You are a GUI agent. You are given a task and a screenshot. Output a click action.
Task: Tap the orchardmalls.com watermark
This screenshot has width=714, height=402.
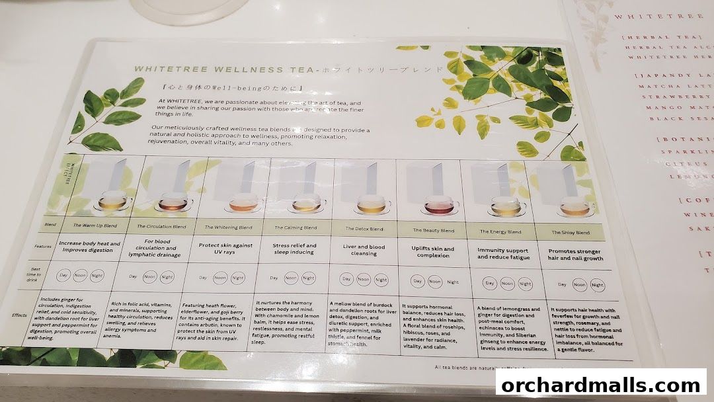coord(600,385)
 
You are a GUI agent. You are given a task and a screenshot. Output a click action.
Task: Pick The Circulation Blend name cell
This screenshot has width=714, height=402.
coord(161,225)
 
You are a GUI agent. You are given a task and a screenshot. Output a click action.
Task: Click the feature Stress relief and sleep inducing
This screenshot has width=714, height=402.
coord(294,248)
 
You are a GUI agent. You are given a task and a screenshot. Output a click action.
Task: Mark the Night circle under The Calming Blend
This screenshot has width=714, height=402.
coord(308,278)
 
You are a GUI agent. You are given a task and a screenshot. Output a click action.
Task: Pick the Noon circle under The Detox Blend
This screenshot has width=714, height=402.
coord(364,280)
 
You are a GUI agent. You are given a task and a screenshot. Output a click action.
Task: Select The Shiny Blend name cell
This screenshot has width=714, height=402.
coord(571,232)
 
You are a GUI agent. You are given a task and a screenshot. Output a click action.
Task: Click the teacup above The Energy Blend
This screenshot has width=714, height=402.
coord(505,208)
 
